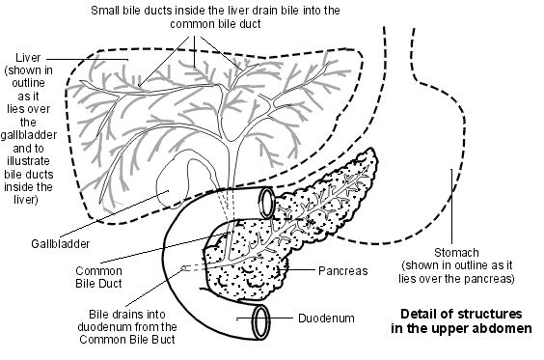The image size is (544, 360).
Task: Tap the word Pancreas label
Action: point(344,271)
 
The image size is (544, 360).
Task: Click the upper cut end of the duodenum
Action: point(266,201)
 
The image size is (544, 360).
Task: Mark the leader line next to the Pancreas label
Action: point(303,271)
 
